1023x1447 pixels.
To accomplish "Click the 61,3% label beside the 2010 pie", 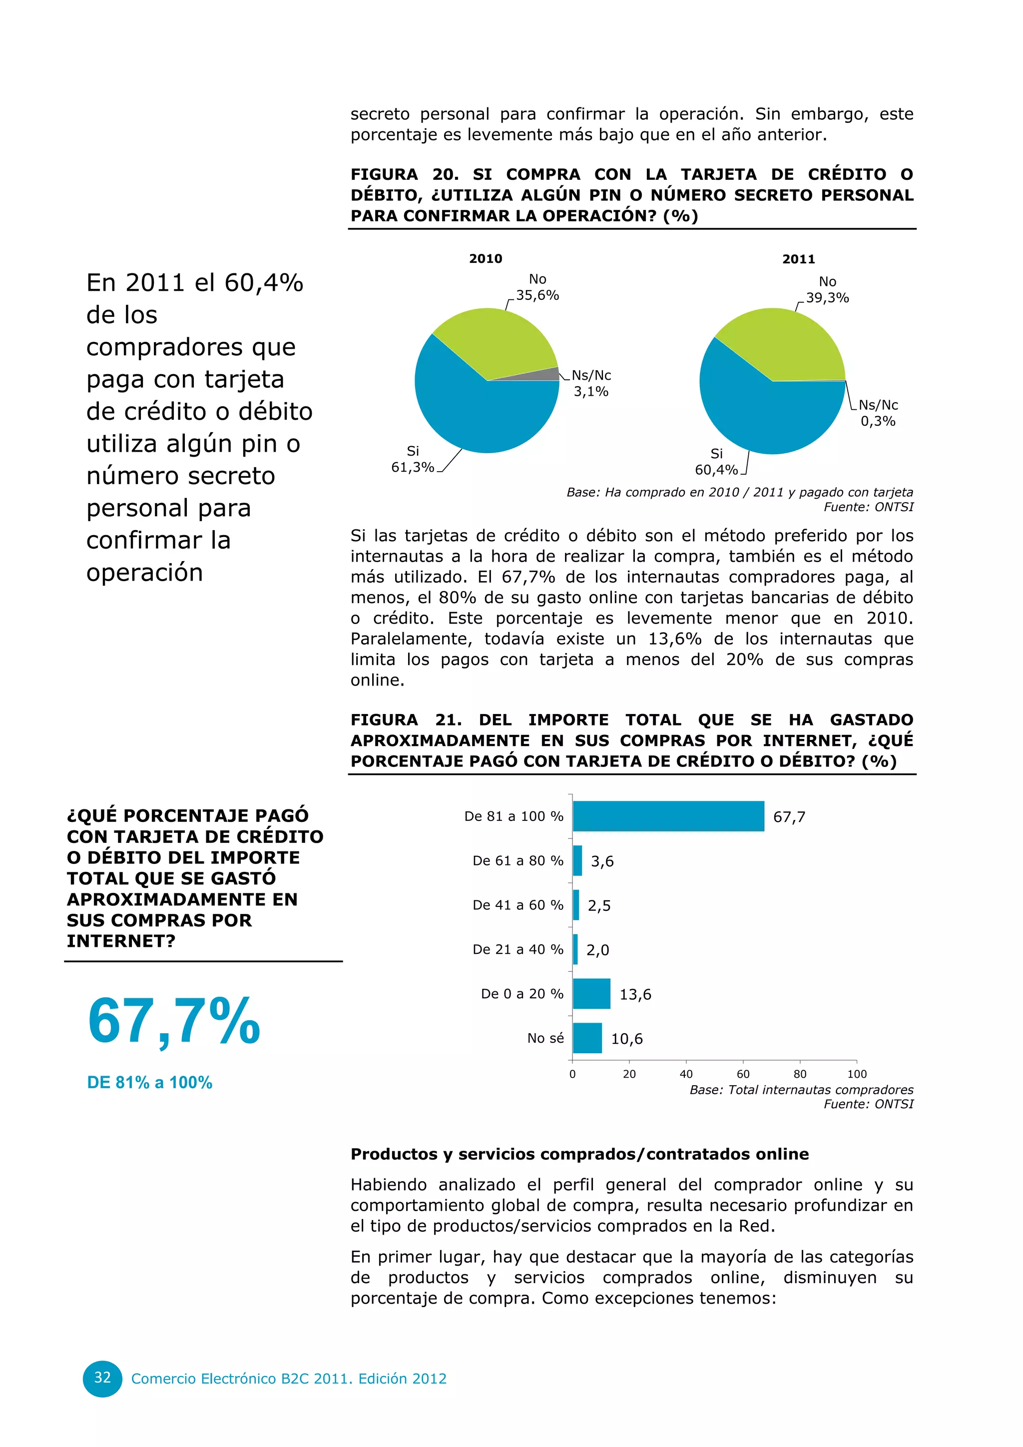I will tap(413, 467).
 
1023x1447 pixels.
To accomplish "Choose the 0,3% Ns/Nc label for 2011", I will tap(878, 421).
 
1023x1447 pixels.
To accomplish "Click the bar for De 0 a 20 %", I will tap(591, 993).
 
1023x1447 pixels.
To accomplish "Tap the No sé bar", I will tap(587, 1038).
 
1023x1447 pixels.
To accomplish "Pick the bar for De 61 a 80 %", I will tap(577, 860).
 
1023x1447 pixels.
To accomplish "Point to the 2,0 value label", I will tap(598, 950).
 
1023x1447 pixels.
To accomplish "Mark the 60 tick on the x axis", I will tap(743, 1074).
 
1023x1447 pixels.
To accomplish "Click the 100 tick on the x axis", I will tap(857, 1074).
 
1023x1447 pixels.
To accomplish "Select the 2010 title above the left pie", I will tap(486, 258).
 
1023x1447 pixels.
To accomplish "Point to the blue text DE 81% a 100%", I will tap(150, 1083).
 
